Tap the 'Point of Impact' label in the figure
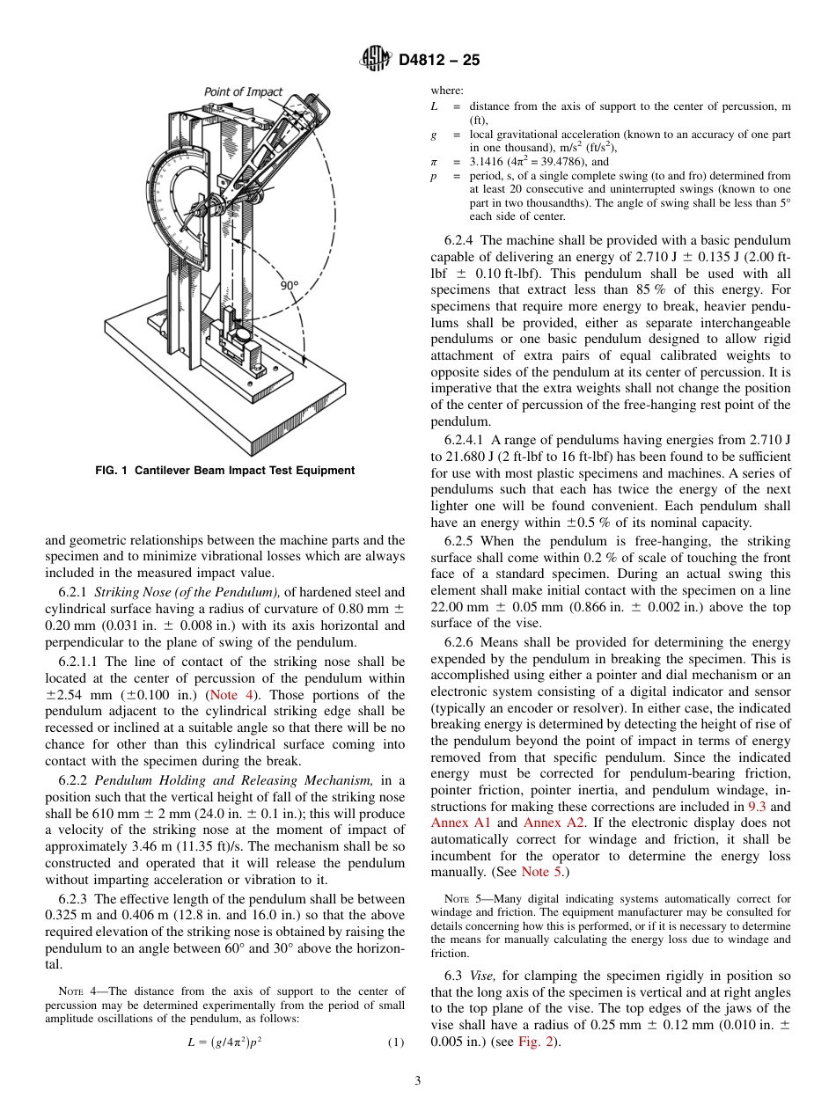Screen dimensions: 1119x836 [x=244, y=91]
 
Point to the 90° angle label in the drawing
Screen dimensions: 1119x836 [x=289, y=285]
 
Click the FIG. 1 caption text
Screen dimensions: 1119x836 [x=224, y=471]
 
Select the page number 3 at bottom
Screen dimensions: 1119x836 [x=418, y=1081]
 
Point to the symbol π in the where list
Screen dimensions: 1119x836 [x=433, y=162]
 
